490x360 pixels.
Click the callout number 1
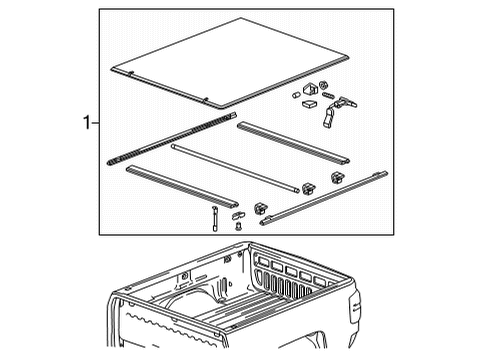[88, 123]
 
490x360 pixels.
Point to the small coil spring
[328, 94]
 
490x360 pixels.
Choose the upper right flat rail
[292, 141]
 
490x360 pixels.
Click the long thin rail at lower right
[325, 197]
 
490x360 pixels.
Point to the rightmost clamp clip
[338, 177]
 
